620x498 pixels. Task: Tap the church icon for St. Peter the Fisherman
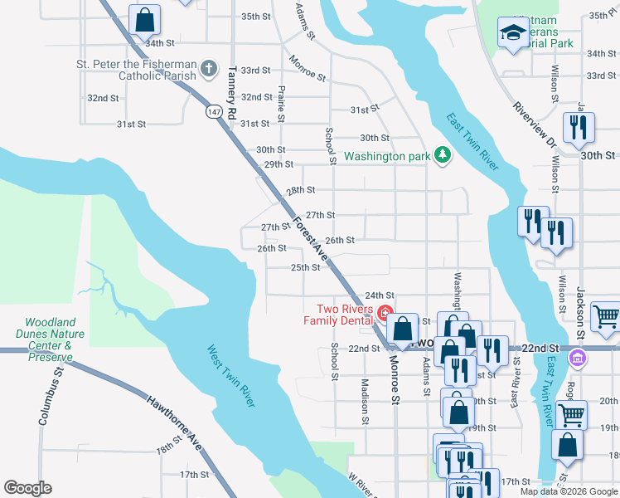(209, 68)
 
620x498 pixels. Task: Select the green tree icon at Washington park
(443, 155)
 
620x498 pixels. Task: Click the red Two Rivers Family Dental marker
(385, 313)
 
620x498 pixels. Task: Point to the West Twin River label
(230, 375)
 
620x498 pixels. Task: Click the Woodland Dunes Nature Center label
(51, 340)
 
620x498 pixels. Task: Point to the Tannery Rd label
(232, 90)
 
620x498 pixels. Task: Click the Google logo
(28, 488)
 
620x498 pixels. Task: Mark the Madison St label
(364, 401)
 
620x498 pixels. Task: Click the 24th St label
(380, 295)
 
